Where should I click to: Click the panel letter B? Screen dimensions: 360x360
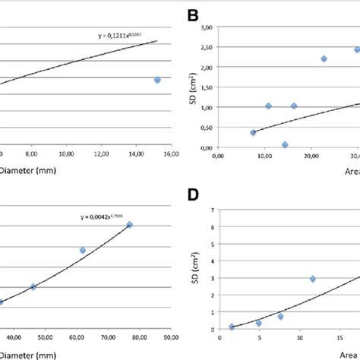pyautogui.click(x=193, y=16)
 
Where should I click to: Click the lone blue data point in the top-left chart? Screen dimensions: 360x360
pyautogui.click(x=157, y=80)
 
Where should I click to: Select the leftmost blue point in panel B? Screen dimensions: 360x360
pyautogui.click(x=253, y=132)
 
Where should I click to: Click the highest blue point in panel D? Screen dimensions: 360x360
pyautogui.click(x=312, y=279)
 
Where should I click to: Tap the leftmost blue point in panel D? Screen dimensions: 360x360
pyautogui.click(x=232, y=327)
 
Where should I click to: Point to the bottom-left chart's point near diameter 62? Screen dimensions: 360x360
pyautogui.click(x=83, y=250)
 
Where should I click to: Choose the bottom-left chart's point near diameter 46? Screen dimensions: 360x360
pyautogui.click(x=33, y=286)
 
